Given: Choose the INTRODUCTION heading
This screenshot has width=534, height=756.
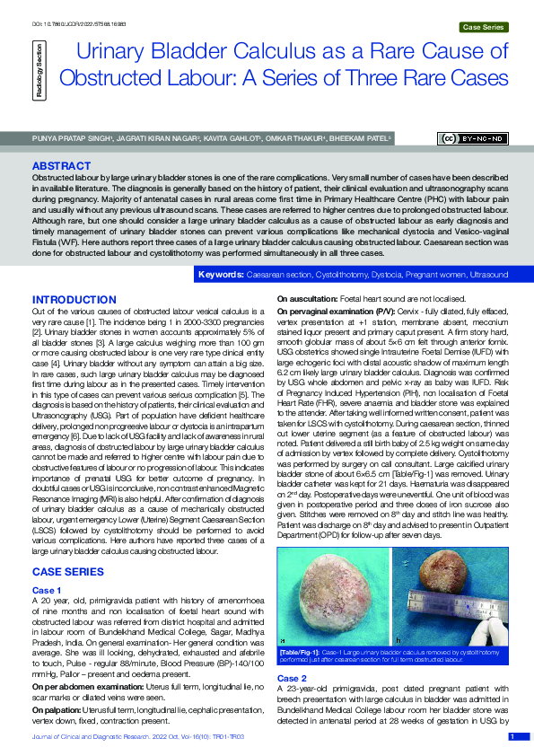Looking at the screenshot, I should click(74, 299).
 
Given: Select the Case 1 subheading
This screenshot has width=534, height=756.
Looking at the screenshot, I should click(47, 589).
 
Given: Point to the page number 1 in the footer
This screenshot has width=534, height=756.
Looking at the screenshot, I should click(512, 736).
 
